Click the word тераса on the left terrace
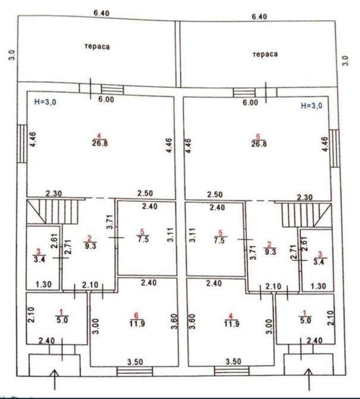[x=97, y=46]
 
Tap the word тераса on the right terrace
[x=265, y=54]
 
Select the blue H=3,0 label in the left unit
[x=45, y=102]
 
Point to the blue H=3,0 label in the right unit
[x=311, y=105]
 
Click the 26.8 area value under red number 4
[x=99, y=144]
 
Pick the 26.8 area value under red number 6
[x=259, y=144]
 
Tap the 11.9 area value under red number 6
[x=137, y=324]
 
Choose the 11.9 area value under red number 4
[x=231, y=324]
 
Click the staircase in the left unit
[x=52, y=212]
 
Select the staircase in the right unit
[x=306, y=214]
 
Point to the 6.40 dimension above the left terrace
[x=101, y=13]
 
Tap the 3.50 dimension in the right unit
[x=233, y=361]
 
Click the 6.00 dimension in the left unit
[x=107, y=99]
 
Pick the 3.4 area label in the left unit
[x=40, y=260]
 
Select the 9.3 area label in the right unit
[x=270, y=251]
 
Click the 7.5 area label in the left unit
[x=143, y=239]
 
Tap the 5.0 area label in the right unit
[x=306, y=320]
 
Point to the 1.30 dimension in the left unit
[x=43, y=284]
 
